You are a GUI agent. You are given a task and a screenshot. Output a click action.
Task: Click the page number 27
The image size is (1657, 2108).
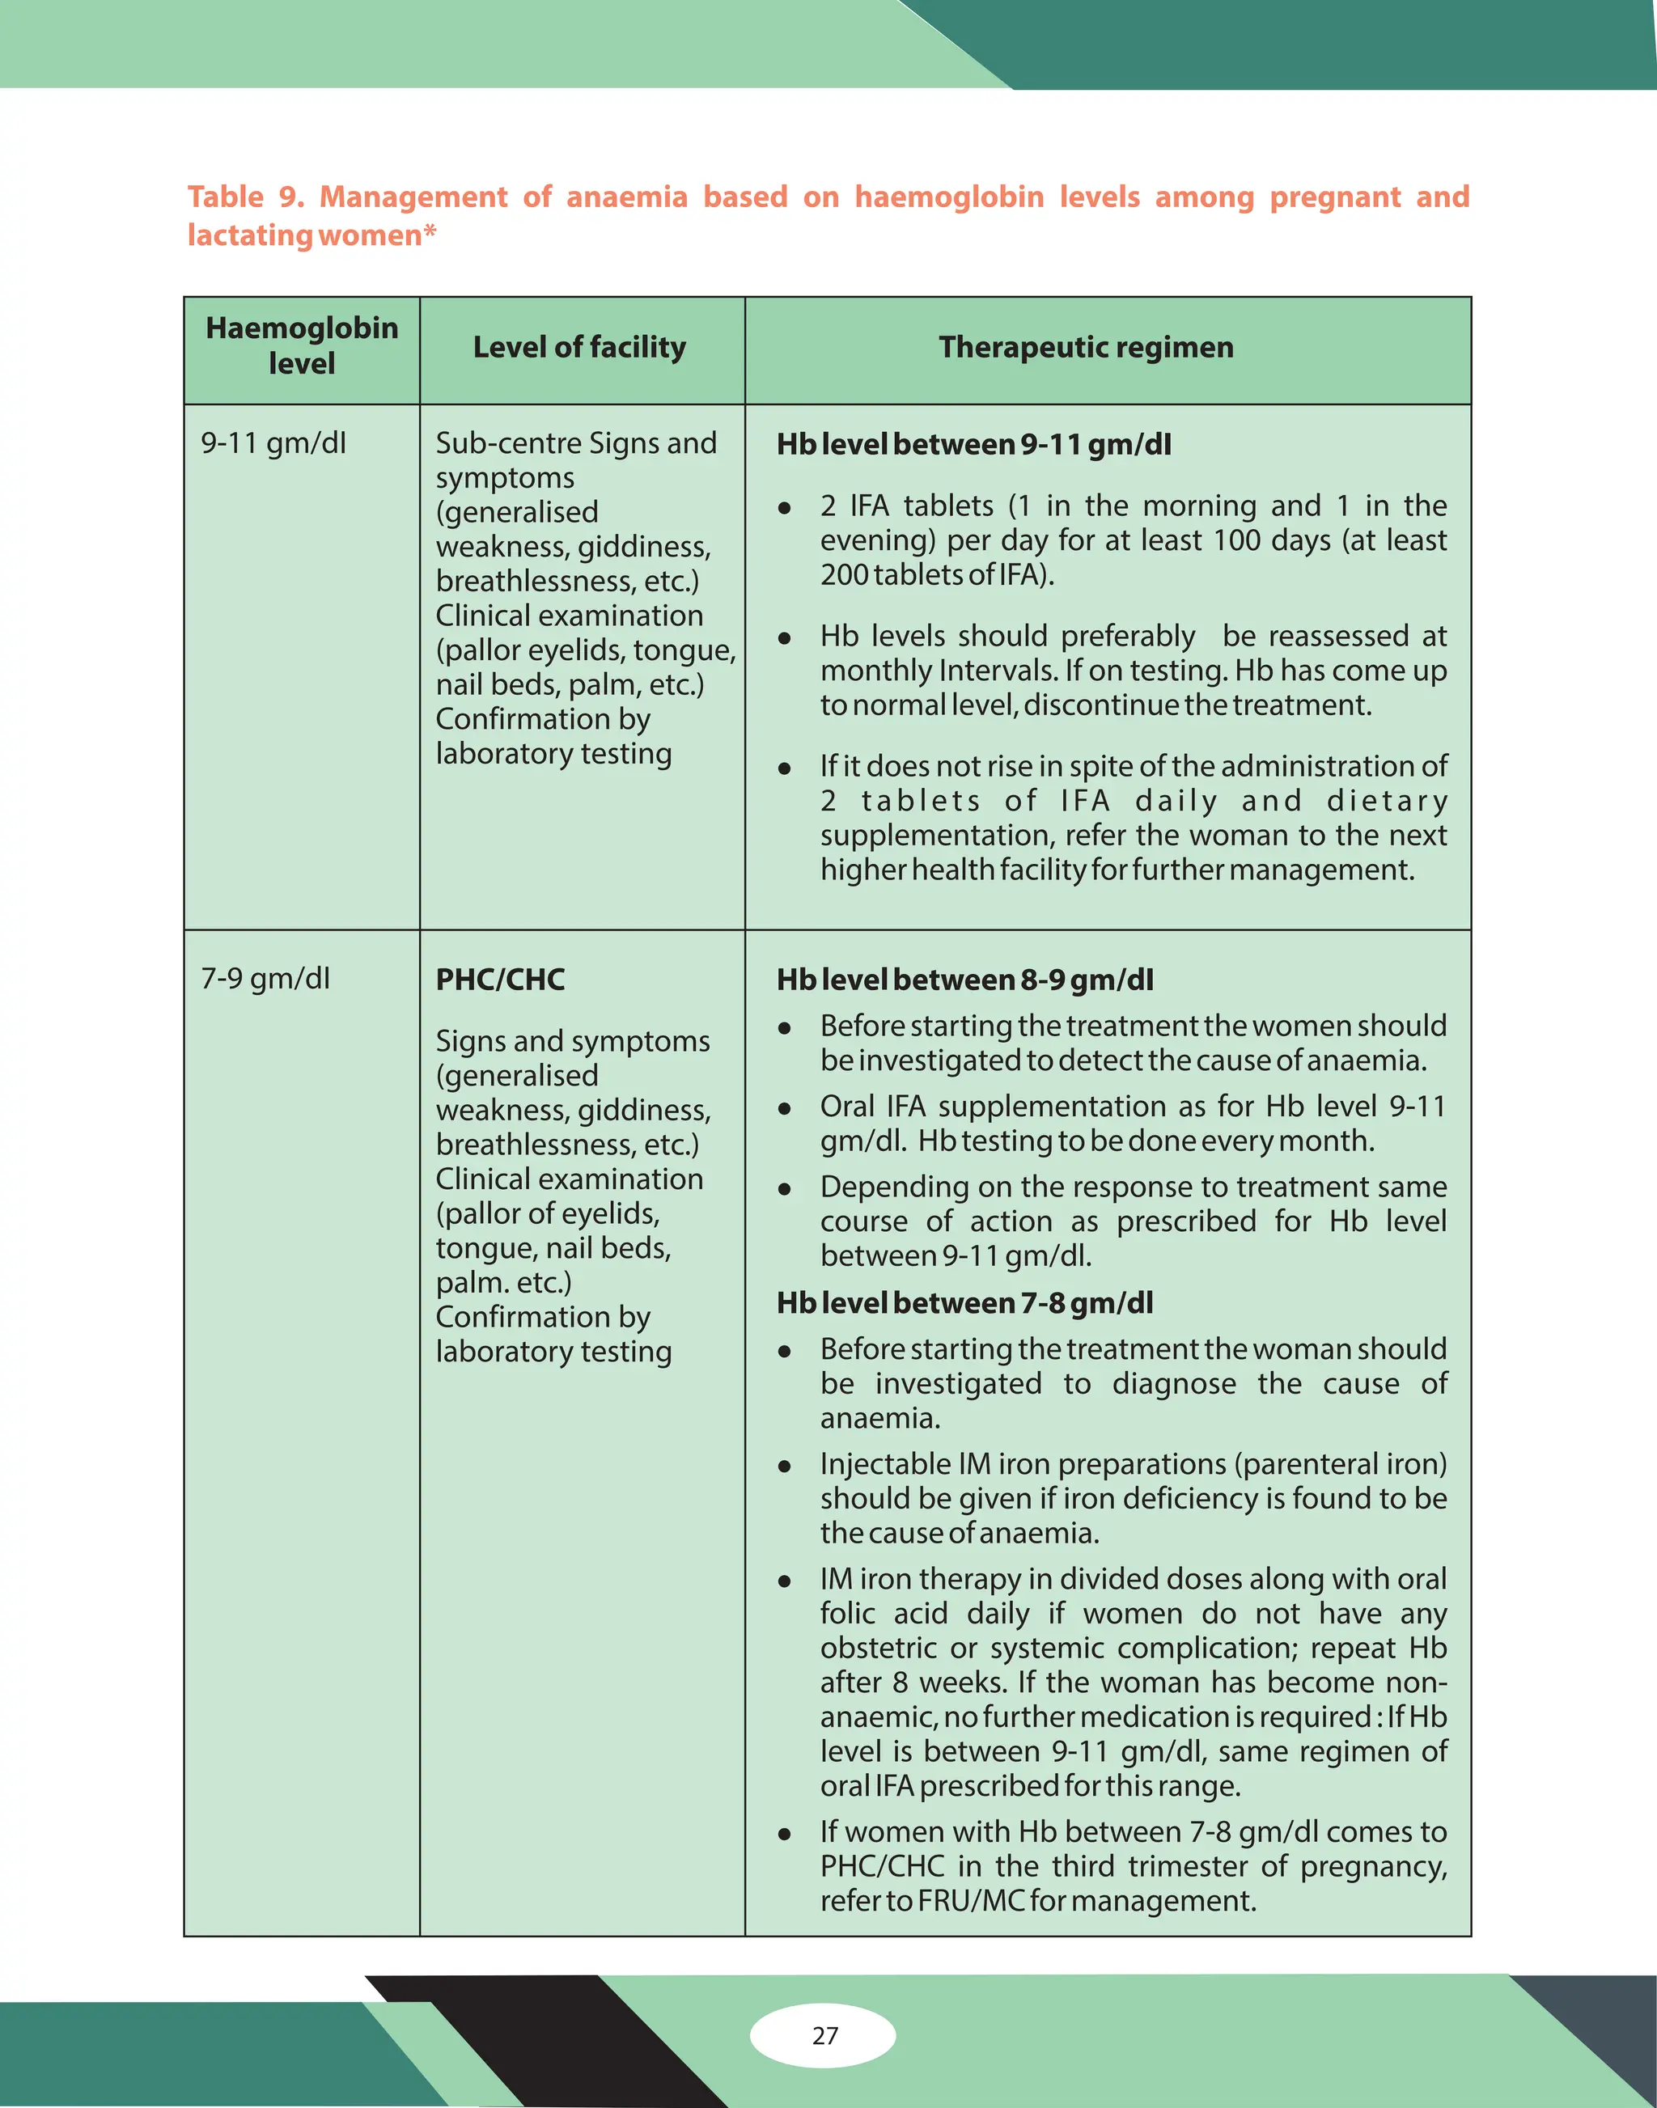pos(824,2035)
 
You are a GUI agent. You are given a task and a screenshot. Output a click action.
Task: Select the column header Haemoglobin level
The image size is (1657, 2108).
pos(302,346)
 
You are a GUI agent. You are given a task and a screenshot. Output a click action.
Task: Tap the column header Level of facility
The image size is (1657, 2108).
pos(579,347)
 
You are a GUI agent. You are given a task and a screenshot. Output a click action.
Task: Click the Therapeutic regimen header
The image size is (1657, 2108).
pos(1086,347)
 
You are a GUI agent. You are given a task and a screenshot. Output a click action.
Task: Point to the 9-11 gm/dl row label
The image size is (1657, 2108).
pos(273,443)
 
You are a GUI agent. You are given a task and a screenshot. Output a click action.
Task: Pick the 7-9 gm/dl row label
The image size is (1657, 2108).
pos(265,978)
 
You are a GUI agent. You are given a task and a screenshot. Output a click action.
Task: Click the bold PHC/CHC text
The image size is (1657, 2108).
pos(500,980)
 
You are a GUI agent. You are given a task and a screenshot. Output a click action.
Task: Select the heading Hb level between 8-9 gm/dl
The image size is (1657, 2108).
pos(964,980)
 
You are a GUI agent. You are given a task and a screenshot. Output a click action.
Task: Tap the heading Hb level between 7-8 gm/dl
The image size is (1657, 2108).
pos(964,1303)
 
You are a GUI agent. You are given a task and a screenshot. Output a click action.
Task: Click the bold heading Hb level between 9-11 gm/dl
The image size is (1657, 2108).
pos(973,444)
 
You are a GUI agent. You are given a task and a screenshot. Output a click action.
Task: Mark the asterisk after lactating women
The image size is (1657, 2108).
pos(430,233)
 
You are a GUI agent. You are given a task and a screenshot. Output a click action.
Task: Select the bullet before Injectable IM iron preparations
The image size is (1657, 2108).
pos(784,1467)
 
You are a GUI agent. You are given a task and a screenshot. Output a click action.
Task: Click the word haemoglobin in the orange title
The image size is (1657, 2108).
pos(949,197)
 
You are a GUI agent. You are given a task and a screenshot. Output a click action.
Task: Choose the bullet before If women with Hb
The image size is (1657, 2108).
pos(784,1835)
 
